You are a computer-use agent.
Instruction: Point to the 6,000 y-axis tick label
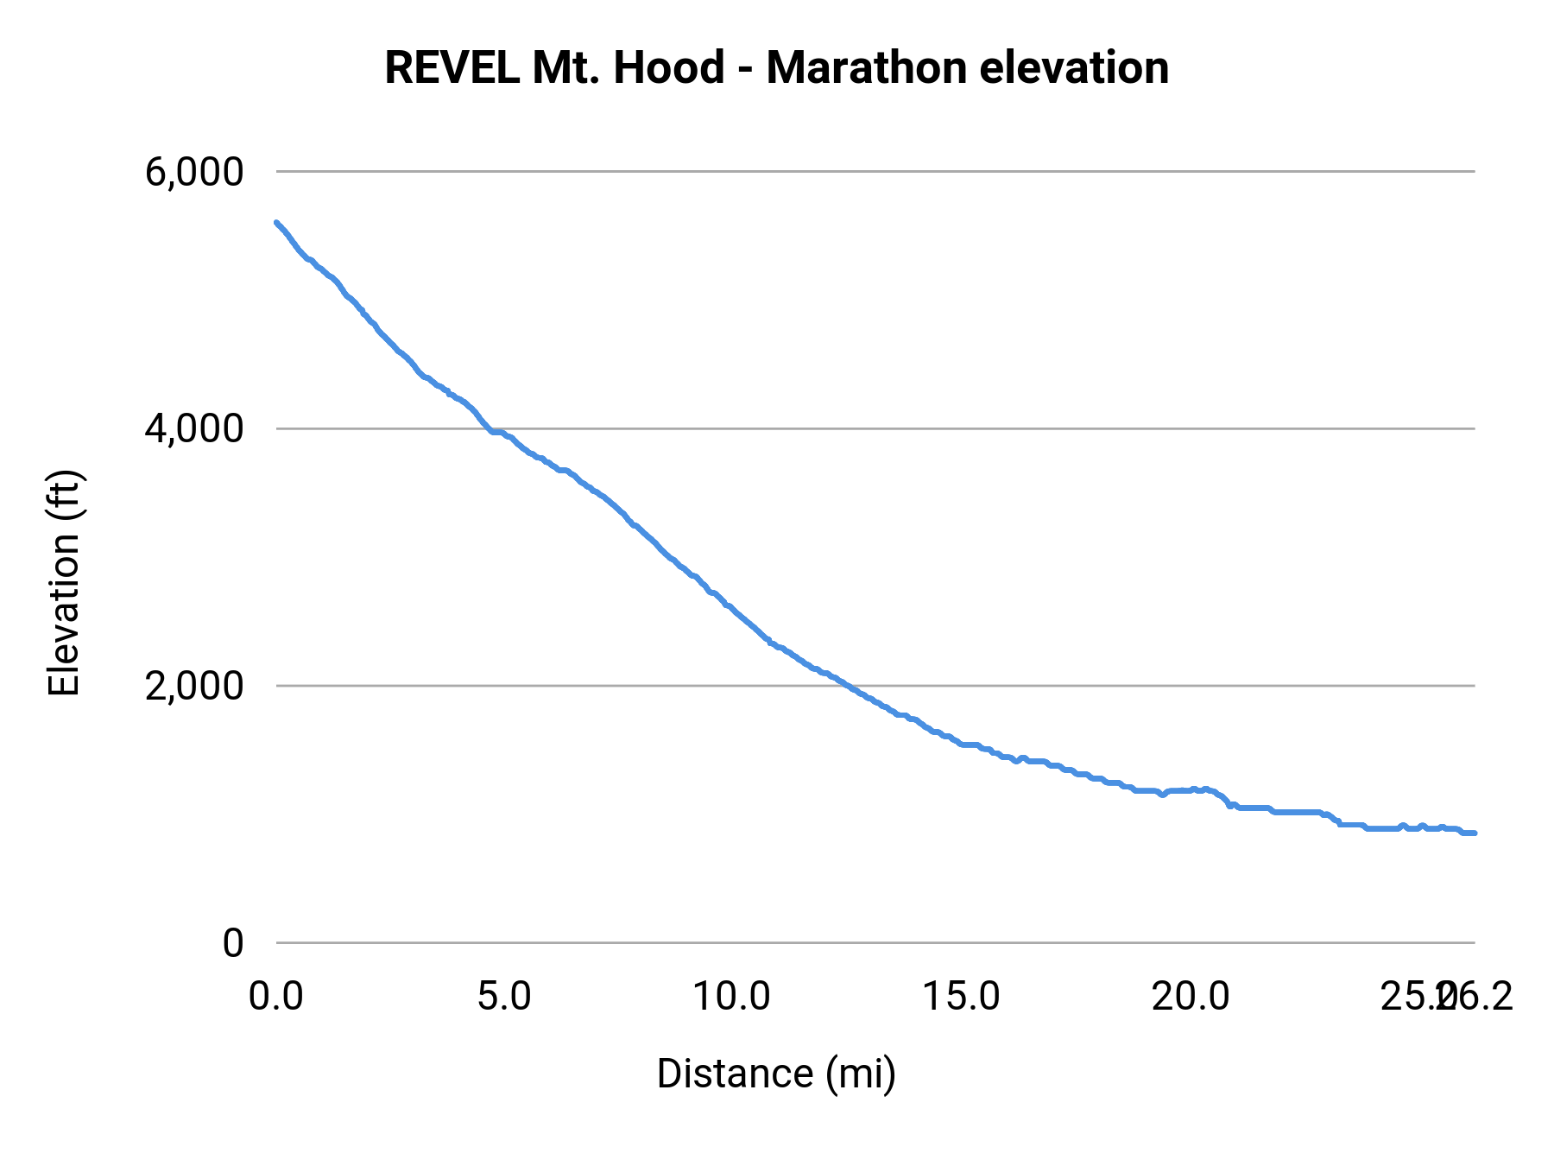tap(194, 173)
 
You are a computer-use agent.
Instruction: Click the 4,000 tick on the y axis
tap(194, 429)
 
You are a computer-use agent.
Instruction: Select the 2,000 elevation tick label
tap(194, 687)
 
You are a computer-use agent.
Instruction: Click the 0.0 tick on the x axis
tap(276, 997)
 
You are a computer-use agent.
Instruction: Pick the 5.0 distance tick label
tap(504, 997)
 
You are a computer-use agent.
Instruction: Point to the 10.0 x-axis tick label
tap(732, 997)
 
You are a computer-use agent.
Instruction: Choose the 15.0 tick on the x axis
tap(961, 997)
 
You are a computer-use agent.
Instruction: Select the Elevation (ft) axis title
tap(64, 583)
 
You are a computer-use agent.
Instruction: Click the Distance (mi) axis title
tap(776, 1074)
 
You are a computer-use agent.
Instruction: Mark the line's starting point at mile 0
tap(276, 223)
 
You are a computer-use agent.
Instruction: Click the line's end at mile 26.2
tap(1474, 833)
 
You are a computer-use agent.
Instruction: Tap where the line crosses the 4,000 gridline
tap(489, 428)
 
